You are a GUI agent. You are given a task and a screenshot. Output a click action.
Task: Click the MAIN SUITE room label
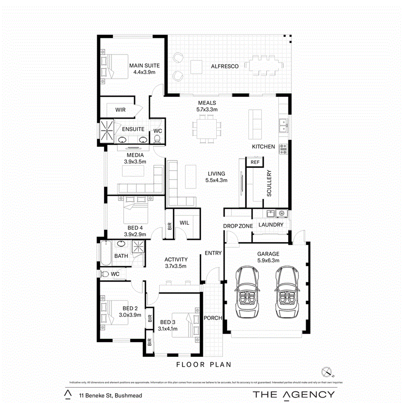144,66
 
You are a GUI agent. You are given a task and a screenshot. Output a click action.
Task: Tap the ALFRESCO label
224,66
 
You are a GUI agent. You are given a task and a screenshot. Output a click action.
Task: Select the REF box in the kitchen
255,162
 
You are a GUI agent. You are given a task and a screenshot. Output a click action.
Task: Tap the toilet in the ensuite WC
157,140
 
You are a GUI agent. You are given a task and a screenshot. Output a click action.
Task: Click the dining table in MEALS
207,129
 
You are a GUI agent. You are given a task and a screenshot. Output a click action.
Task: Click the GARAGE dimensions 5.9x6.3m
268,260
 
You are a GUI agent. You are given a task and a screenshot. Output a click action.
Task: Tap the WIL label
184,223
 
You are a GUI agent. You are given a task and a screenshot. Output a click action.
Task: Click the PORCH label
213,318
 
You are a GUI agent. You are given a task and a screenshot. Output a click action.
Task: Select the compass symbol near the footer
328,371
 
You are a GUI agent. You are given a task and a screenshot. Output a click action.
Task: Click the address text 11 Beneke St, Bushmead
104,395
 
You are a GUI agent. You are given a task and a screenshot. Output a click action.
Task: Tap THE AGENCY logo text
293,394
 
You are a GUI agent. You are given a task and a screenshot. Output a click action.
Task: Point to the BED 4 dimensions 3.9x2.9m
135,234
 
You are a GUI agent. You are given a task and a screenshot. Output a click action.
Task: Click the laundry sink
271,213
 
